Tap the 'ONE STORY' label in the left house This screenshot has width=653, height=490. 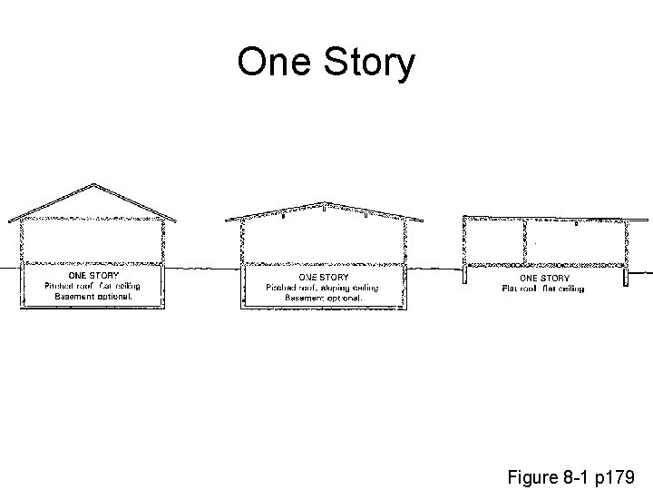point(94,275)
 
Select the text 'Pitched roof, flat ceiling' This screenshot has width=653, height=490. point(93,286)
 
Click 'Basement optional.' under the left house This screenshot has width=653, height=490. point(93,297)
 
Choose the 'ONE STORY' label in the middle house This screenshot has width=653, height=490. point(324,277)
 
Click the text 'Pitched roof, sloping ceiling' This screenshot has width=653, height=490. point(324,288)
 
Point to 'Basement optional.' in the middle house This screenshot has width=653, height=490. point(324,298)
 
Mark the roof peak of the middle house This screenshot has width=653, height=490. point(325,203)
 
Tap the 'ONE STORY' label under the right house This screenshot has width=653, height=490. point(544,278)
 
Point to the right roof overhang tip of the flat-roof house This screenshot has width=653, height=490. point(648,219)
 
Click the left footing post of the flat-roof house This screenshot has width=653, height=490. point(466,275)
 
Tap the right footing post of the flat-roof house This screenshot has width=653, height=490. point(625,275)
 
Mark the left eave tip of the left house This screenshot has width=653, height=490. point(9,220)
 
